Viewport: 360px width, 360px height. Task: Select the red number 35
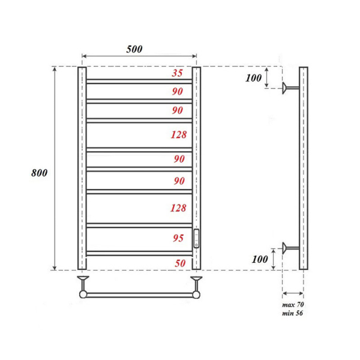pos(178,73)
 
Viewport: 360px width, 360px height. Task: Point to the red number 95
pos(178,238)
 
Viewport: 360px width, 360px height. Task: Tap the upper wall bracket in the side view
pos(292,89)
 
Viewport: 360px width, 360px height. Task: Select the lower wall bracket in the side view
pos(292,247)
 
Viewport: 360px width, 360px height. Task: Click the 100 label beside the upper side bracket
pos(254,78)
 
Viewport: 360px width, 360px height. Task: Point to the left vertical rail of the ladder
pos(82,168)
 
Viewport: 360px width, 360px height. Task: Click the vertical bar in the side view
pos(304,168)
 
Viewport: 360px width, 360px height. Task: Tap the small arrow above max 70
pos(292,293)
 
